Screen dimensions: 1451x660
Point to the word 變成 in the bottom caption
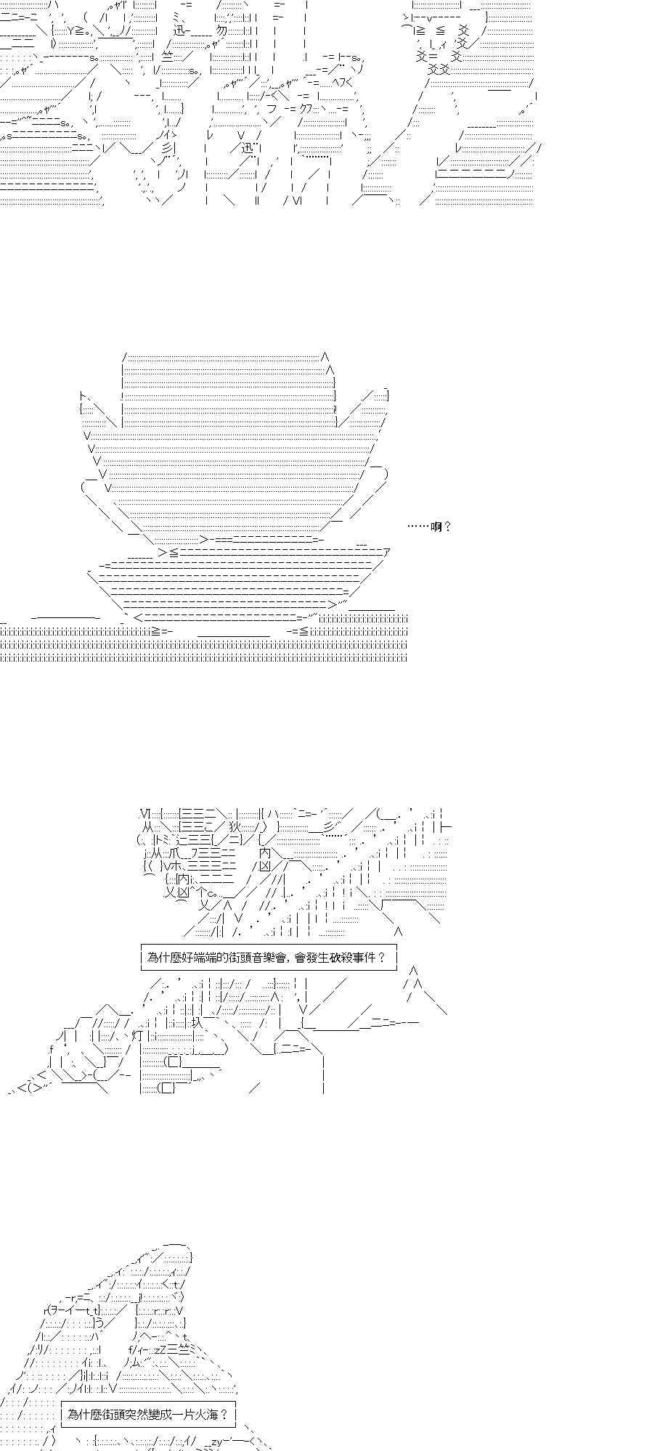click(161, 1414)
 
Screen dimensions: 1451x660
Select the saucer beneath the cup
click(232, 580)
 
